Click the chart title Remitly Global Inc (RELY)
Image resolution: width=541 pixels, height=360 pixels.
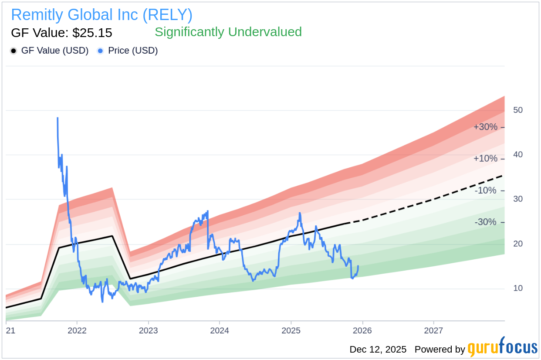coord(101,15)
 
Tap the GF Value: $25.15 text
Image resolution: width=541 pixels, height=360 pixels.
coord(61,33)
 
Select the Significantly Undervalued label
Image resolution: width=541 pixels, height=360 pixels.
coord(228,32)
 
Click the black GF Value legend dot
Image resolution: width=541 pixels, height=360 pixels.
coord(14,51)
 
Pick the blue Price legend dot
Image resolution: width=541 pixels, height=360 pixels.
coord(100,51)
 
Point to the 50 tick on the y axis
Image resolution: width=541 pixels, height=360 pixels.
coord(518,110)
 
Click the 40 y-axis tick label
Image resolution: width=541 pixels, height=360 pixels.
coord(518,155)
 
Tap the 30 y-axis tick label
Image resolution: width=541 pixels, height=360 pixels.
coord(518,199)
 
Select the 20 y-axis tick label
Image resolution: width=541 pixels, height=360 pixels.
coord(518,244)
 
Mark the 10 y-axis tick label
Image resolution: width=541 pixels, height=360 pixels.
coord(518,289)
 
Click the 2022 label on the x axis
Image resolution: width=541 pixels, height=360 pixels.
coord(77,330)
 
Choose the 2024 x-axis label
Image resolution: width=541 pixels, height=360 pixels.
coord(220,330)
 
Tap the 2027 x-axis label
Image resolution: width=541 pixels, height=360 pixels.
coord(434,330)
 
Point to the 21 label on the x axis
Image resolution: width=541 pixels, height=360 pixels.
coord(10,330)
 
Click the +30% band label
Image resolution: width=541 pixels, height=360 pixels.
coord(485,127)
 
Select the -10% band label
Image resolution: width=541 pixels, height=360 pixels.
coord(485,190)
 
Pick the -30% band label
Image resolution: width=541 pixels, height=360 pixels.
coord(485,222)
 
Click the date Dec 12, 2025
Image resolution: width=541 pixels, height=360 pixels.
coord(378,350)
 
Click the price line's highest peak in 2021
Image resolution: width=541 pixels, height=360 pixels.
coord(57,118)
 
